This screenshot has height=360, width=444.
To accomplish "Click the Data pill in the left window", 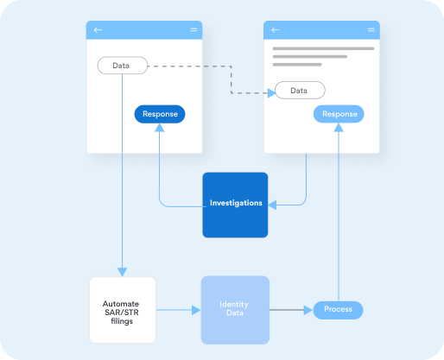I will point(122,66).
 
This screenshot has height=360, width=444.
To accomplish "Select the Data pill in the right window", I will point(300,90).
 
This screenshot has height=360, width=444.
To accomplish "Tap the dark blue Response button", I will point(160,114).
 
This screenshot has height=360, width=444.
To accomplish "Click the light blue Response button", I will point(339,114).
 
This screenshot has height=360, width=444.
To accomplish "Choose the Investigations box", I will point(236,205).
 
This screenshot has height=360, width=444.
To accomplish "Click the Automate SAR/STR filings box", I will point(123,310).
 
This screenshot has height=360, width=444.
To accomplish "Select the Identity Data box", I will point(235,310).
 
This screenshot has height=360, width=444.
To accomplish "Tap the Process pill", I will point(338,309).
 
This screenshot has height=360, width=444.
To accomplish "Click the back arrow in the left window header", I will point(98,30).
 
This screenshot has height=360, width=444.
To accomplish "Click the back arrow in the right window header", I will point(276,30).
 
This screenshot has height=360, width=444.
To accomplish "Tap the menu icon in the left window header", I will point(193,30).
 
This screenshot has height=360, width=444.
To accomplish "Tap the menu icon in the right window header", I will point(371,30).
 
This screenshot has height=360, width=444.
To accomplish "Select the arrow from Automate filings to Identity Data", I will point(178,309).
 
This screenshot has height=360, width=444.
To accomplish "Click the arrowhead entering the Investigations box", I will point(271,205).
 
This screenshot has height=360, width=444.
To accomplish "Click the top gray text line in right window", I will point(323,48).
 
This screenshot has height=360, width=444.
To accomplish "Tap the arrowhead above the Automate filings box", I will point(123,273).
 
